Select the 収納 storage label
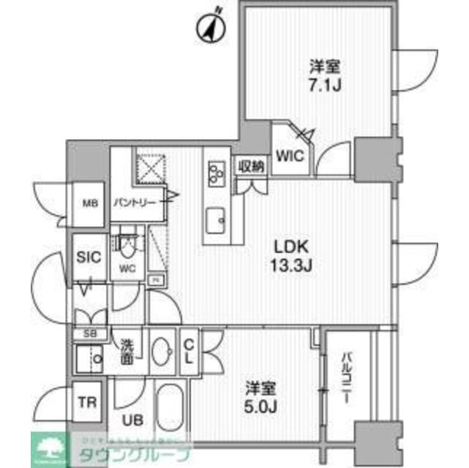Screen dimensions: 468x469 [x=250, y=166]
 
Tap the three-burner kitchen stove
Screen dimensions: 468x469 [x=217, y=173]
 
